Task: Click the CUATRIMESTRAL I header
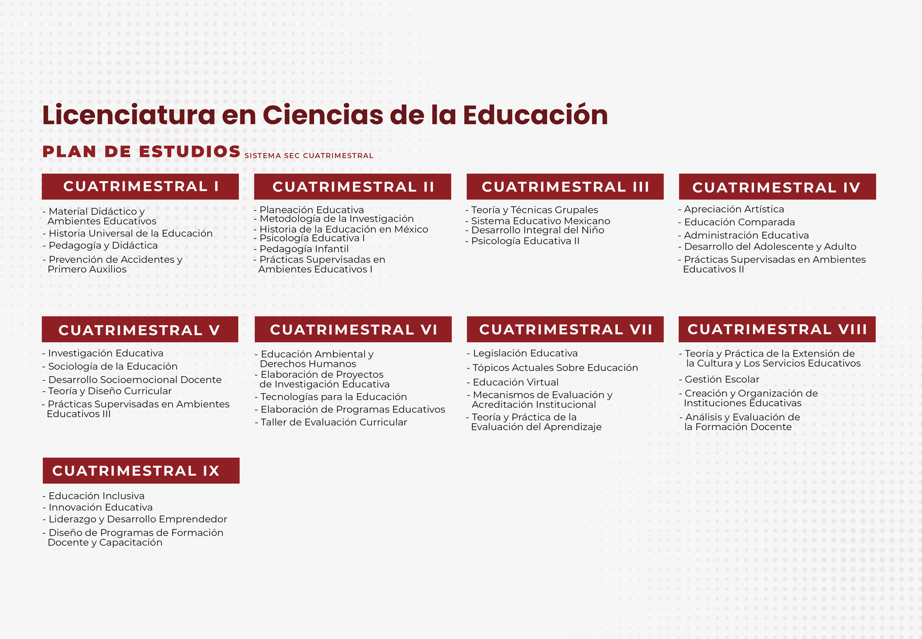pyautogui.click(x=140, y=187)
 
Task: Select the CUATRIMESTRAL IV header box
pyautogui.click(x=777, y=187)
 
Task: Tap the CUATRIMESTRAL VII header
pyautogui.click(x=565, y=329)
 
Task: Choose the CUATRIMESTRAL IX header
pyautogui.click(x=141, y=471)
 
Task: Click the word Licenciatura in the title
pyautogui.click(x=129, y=115)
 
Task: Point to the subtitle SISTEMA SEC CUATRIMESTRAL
pyautogui.click(x=309, y=156)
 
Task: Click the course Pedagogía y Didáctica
pyautogui.click(x=103, y=246)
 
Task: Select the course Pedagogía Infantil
pyautogui.click(x=304, y=249)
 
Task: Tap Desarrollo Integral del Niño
pyautogui.click(x=538, y=230)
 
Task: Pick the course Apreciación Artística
pyautogui.click(x=734, y=209)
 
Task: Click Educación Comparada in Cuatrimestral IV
pyautogui.click(x=740, y=222)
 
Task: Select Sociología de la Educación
pyautogui.click(x=113, y=367)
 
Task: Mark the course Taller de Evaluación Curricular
pyautogui.click(x=334, y=422)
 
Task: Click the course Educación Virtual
pyautogui.click(x=516, y=383)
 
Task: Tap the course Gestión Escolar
pyautogui.click(x=722, y=380)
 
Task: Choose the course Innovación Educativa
pyautogui.click(x=100, y=508)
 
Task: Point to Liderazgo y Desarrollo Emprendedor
pyautogui.click(x=138, y=519)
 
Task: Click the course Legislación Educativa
pyautogui.click(x=525, y=353)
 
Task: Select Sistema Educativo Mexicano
pyautogui.click(x=541, y=221)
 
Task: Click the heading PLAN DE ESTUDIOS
pyautogui.click(x=141, y=151)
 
